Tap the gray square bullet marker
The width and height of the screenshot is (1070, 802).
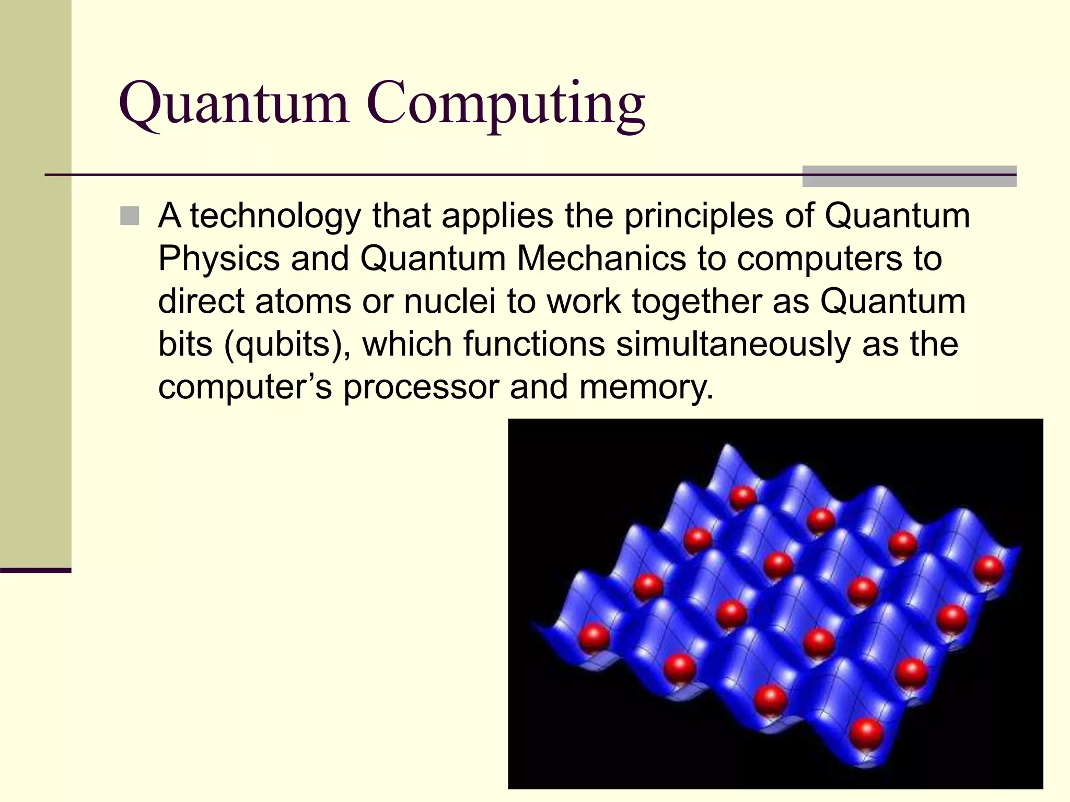coord(130,216)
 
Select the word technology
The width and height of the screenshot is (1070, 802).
coord(275,216)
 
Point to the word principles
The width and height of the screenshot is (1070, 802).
coord(699,216)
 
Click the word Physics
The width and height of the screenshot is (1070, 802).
coord(218,259)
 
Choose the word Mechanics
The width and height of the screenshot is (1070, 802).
coord(601,259)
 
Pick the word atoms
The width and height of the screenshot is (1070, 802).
coord(303,302)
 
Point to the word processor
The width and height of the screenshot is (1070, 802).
coord(421,387)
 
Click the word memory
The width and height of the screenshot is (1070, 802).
coord(646,387)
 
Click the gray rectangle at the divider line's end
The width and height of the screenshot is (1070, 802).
coord(909,176)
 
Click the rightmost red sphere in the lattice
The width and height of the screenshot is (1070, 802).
coord(988,569)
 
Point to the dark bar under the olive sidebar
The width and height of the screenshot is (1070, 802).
coord(36,570)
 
